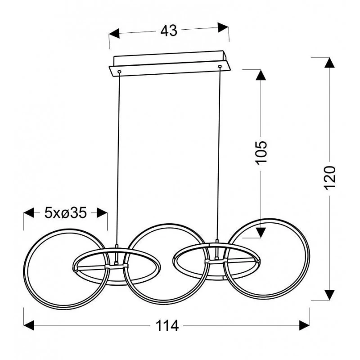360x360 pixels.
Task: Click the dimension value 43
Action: pyautogui.click(x=169, y=31)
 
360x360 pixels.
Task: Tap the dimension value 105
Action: pyautogui.click(x=261, y=153)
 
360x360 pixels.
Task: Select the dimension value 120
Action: pyautogui.click(x=330, y=178)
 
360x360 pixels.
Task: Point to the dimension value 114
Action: pyautogui.click(x=167, y=326)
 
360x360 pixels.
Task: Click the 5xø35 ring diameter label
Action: pyautogui.click(x=65, y=213)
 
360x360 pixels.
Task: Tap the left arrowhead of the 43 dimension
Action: pyautogui.click(x=114, y=34)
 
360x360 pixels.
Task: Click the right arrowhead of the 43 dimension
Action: pyautogui.click(x=223, y=27)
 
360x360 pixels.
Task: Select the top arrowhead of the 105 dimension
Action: pyautogui.click(x=261, y=75)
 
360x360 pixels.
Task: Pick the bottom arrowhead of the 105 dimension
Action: pyautogui.click(x=261, y=232)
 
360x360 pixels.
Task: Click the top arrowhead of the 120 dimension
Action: pyautogui.click(x=330, y=63)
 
